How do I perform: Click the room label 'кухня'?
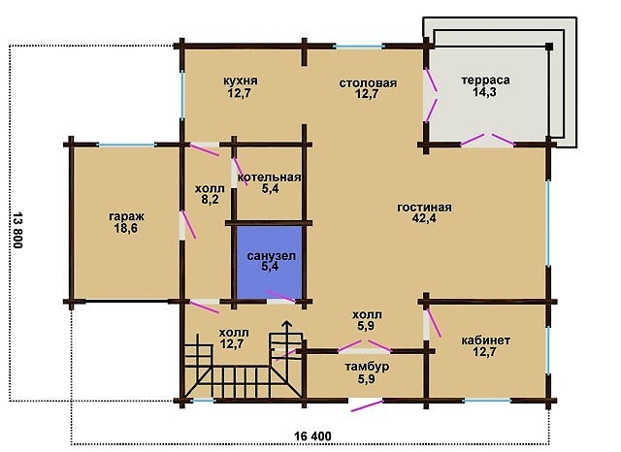click(241, 81)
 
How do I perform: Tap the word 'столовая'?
click(368, 83)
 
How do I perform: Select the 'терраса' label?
click(485, 80)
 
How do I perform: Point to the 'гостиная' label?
click(425, 208)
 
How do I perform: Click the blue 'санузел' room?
click(270, 261)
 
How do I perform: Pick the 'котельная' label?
click(270, 177)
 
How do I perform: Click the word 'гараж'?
click(127, 217)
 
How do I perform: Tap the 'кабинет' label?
click(486, 340)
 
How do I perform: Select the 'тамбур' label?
click(367, 367)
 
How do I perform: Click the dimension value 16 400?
click(312, 436)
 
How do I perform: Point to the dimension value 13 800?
click(17, 230)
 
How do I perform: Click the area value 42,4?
click(424, 218)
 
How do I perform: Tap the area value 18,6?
click(126, 228)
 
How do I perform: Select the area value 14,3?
click(485, 92)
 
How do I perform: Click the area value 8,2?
click(210, 200)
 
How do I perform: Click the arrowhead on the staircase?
click(287, 325)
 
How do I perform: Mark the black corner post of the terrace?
click(549, 47)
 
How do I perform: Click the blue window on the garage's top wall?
click(126, 145)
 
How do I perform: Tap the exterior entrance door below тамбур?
click(367, 405)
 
